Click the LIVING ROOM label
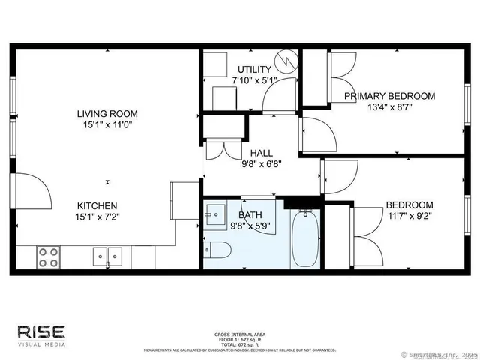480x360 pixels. [107, 114]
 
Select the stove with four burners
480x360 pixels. [49, 257]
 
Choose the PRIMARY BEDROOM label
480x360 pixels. [389, 96]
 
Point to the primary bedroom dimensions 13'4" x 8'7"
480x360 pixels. [389, 108]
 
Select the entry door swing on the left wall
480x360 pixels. [34, 191]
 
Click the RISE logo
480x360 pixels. [42, 332]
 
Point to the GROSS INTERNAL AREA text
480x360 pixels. [239, 334]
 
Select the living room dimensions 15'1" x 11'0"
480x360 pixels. [107, 127]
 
